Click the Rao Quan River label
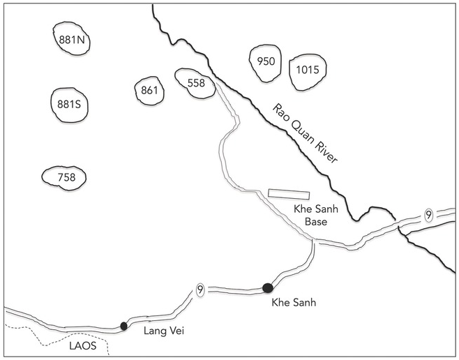306,133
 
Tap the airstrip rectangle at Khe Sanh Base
289,194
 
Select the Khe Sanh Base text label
316,216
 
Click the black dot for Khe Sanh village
268,288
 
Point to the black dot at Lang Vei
124,326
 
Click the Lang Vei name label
164,331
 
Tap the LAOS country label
83,346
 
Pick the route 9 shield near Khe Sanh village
200,290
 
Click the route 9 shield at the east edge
428,216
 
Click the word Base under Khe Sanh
316,222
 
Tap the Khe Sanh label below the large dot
294,302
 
